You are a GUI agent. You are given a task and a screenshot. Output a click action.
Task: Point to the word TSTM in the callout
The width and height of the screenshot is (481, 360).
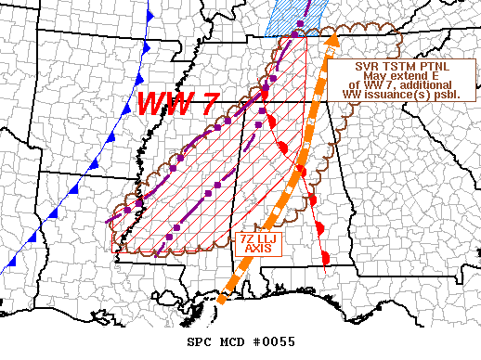[397, 67]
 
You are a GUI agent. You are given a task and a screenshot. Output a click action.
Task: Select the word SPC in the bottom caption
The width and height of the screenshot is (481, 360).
[201, 342]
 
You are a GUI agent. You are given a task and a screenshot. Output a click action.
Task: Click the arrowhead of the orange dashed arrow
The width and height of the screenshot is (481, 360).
[331, 39]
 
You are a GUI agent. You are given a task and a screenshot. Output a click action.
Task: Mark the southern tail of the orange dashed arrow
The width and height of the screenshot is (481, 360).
[221, 299]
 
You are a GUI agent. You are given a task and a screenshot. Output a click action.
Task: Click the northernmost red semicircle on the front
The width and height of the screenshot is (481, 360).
[265, 93]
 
